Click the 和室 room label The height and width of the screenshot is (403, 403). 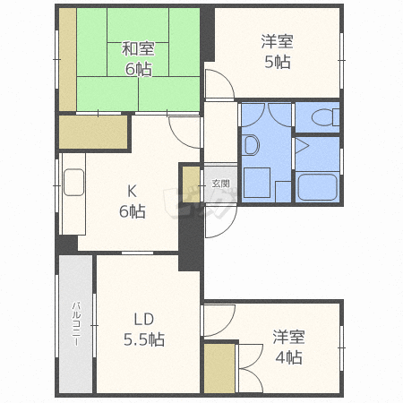tap(138, 48)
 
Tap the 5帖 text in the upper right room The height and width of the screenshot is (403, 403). tap(278, 62)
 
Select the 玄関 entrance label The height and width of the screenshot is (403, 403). tap(221, 183)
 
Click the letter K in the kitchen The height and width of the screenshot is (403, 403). tap(132, 191)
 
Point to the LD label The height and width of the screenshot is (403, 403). tap(144, 319)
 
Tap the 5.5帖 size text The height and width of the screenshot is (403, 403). tap(144, 339)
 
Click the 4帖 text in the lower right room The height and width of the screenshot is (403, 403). tap(288, 357)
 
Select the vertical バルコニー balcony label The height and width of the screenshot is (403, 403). tap(76, 323)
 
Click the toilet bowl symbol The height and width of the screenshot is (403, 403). tap(325, 117)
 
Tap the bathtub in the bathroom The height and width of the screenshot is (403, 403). tap(317, 187)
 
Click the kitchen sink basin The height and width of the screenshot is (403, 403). tap(73, 182)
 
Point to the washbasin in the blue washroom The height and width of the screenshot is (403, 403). tap(251, 145)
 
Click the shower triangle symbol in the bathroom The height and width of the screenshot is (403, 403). tap(302, 147)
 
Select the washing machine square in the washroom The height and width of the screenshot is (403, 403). tap(257, 183)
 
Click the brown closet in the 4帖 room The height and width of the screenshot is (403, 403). tap(219, 368)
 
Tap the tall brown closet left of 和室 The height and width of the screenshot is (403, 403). tap(68, 60)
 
